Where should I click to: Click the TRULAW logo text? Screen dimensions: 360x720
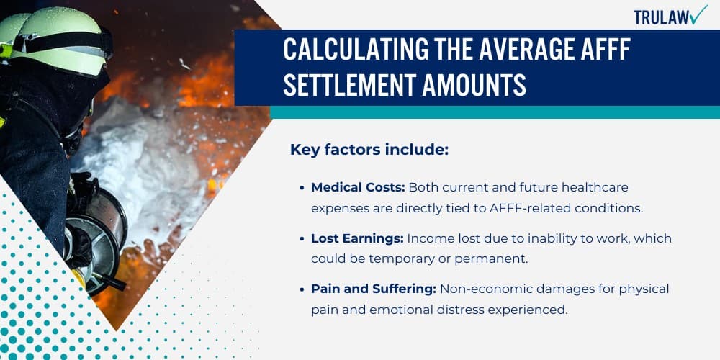660,17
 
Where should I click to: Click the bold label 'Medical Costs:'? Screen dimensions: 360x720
358,187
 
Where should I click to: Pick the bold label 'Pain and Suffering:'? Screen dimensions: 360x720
372,289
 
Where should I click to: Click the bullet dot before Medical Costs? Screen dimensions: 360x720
302,188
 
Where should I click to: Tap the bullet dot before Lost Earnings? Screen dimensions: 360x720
302,238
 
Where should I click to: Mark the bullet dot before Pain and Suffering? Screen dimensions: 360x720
302,289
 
